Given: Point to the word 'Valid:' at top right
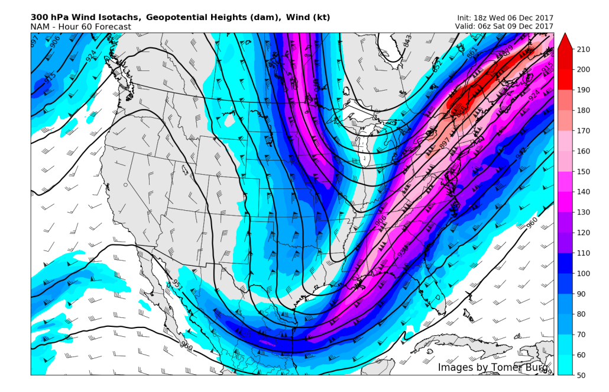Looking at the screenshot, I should click(x=467, y=27).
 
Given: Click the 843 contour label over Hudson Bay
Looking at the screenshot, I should click(x=407, y=41).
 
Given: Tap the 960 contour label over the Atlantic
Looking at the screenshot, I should click(x=532, y=223).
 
